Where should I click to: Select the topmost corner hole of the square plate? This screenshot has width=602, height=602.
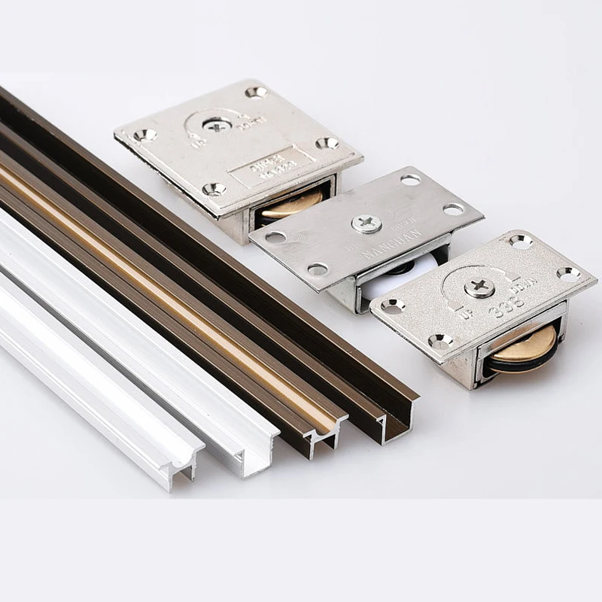(x=257, y=93)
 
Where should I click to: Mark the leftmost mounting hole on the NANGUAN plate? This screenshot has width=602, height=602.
(x=275, y=237)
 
